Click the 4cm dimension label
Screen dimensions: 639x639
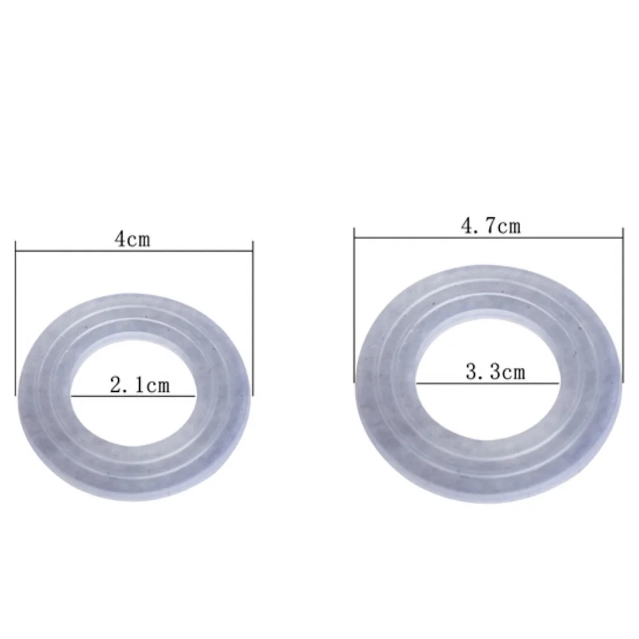coord(132,240)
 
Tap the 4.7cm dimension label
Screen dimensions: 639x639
coord(491,226)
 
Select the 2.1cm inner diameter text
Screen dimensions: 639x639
coord(140,385)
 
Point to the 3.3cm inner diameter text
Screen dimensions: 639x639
coord(495,371)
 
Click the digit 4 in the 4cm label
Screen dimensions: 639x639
coord(119,240)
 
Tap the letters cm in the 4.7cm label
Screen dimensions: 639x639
coord(509,226)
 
